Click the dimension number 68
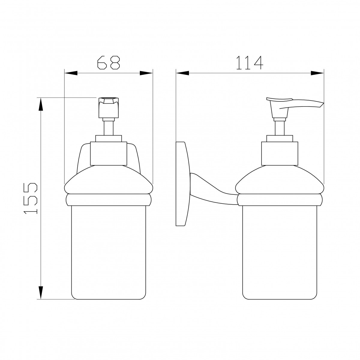108,62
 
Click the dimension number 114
249,62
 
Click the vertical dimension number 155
31,198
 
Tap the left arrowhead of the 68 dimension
71,73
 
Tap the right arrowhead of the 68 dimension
146,73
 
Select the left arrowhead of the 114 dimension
182,73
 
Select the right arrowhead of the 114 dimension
317,73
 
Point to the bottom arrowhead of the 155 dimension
41,292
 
